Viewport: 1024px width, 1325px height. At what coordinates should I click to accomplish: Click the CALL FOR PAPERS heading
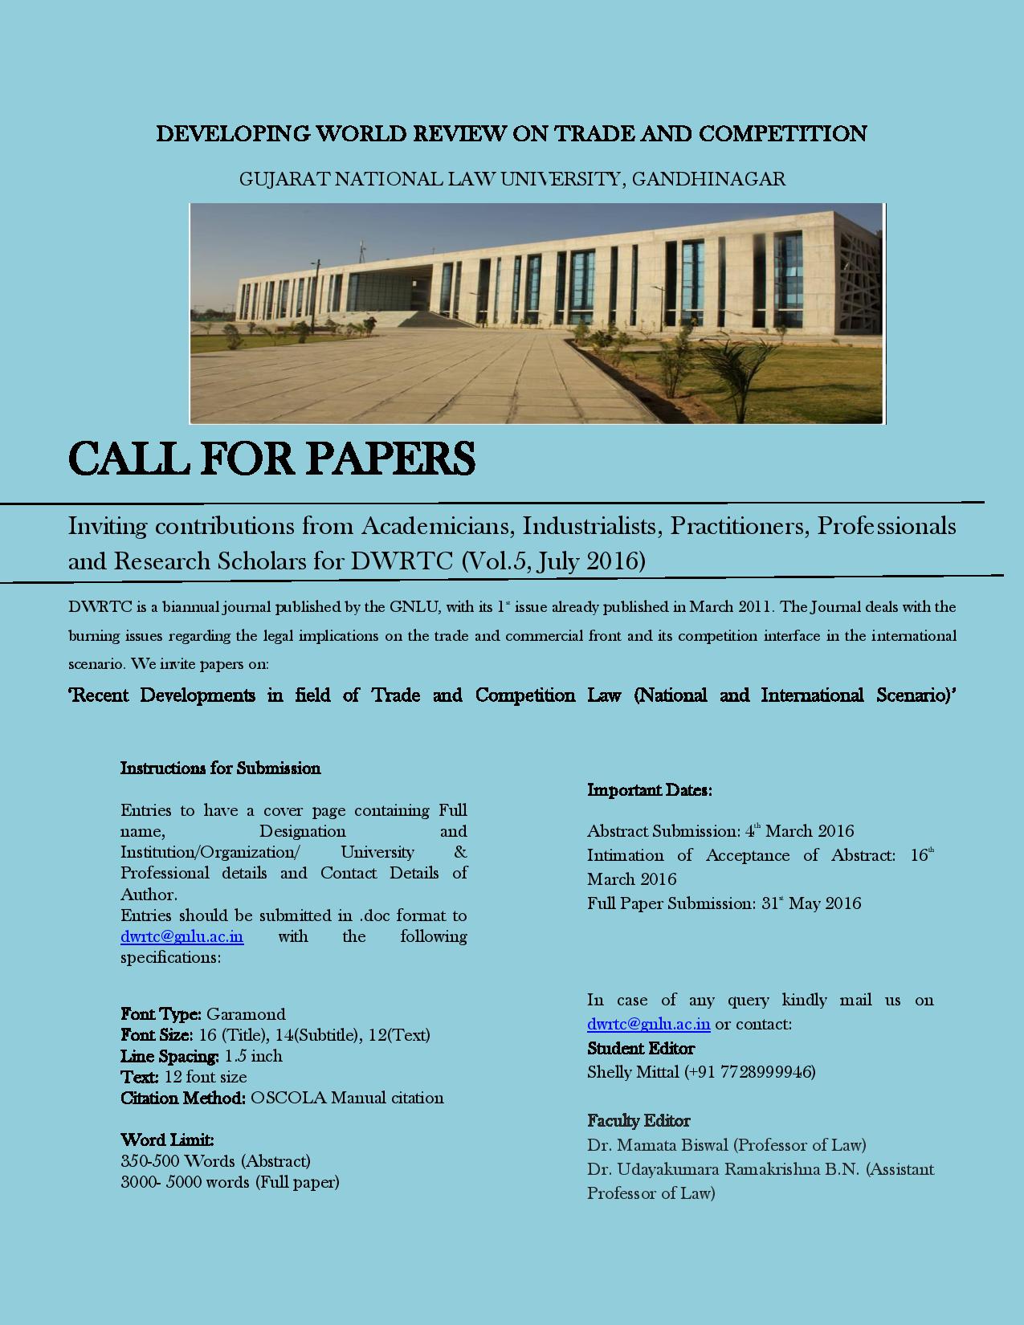click(x=271, y=459)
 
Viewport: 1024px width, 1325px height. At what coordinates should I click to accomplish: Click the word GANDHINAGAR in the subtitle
click(x=708, y=178)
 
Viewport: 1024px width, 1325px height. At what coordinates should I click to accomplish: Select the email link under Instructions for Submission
click(x=182, y=936)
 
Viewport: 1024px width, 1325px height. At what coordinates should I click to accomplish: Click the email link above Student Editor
click(x=648, y=1024)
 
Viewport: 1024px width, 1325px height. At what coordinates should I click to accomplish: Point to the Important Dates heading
click(x=649, y=790)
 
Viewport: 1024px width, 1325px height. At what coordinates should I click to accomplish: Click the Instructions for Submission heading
click(x=220, y=768)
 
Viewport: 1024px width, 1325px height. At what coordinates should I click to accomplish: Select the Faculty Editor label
click(x=638, y=1121)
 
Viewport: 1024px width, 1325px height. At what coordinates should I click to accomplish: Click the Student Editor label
click(x=641, y=1049)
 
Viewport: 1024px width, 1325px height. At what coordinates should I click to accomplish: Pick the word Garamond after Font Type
click(x=246, y=1014)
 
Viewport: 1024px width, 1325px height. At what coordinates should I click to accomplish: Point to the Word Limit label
click(x=167, y=1140)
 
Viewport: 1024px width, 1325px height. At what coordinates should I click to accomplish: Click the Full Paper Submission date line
click(x=724, y=903)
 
